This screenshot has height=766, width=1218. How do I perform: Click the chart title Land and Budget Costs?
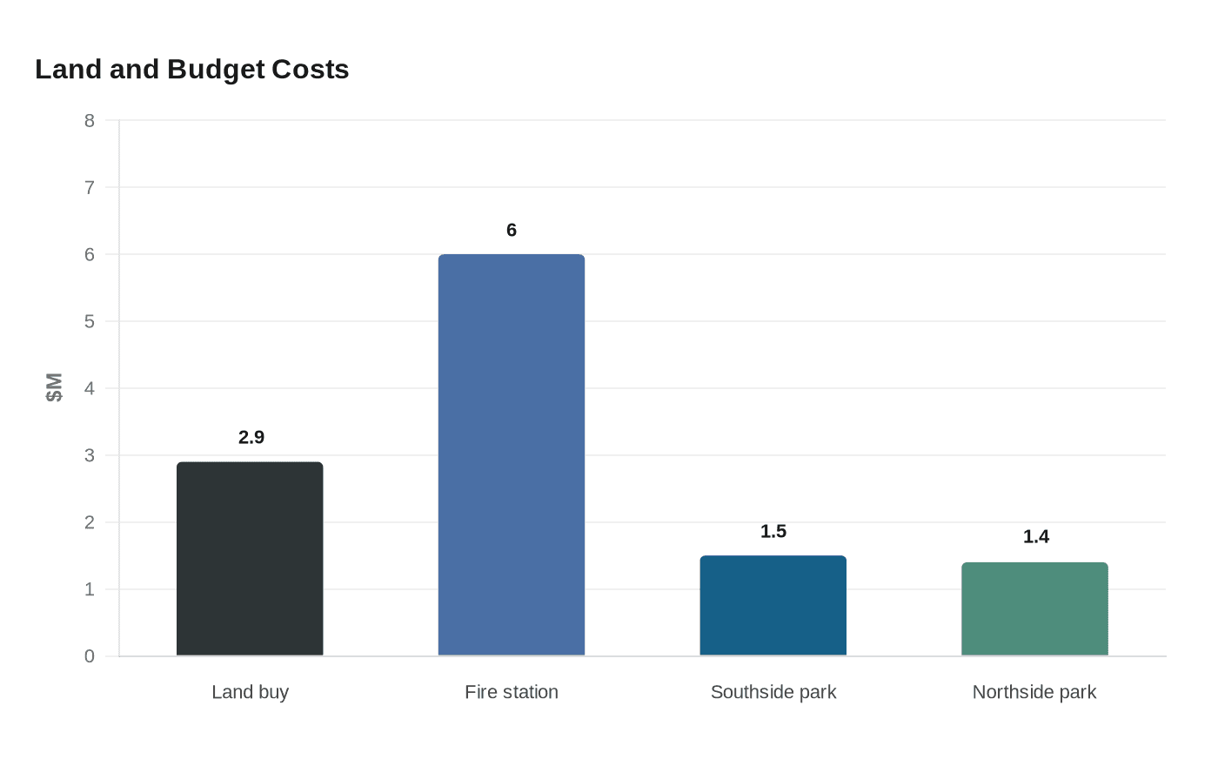pyautogui.click(x=191, y=70)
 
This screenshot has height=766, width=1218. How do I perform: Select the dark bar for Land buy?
pyautogui.click(x=250, y=559)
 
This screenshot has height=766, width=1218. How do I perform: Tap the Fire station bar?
pyautogui.click(x=512, y=455)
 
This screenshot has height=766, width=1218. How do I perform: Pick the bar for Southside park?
pyautogui.click(x=773, y=606)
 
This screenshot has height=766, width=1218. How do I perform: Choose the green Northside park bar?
pyautogui.click(x=1034, y=609)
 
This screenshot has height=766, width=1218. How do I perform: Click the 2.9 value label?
pyautogui.click(x=251, y=437)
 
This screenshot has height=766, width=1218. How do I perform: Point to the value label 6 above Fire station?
pyautogui.click(x=512, y=230)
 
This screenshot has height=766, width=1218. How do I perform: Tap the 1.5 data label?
pyautogui.click(x=773, y=531)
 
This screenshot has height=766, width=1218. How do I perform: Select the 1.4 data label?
pyautogui.click(x=1035, y=536)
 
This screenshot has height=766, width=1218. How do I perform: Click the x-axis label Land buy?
pyautogui.click(x=250, y=692)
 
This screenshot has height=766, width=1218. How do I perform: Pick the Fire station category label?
pyautogui.click(x=512, y=692)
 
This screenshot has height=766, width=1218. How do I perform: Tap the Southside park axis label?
pyautogui.click(x=773, y=692)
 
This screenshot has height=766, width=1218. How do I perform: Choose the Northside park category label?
pyautogui.click(x=1034, y=692)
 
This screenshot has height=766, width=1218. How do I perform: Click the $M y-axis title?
pyautogui.click(x=54, y=387)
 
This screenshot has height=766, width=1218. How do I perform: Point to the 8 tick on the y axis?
pyautogui.click(x=90, y=120)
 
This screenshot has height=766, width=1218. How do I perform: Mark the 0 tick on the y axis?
pyautogui.click(x=90, y=656)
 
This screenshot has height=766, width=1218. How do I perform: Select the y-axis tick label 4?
pyautogui.click(x=90, y=388)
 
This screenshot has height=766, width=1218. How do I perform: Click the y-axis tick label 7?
pyautogui.click(x=90, y=187)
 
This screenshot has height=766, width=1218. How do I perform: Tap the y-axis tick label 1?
pyautogui.click(x=90, y=589)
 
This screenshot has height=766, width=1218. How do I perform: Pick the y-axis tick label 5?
pyautogui.click(x=90, y=321)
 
